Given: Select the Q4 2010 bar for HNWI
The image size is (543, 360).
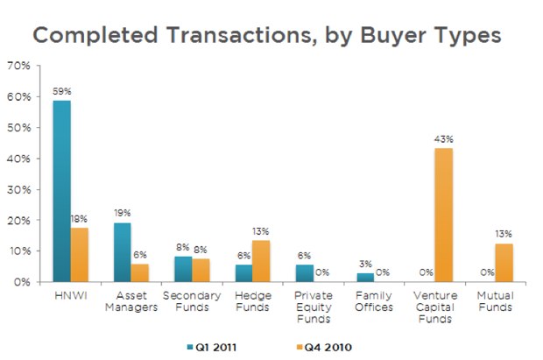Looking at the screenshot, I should click(80, 255).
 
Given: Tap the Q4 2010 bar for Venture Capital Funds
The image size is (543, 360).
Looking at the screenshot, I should click(443, 215).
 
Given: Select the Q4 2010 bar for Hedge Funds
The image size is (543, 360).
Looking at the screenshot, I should click(261, 261).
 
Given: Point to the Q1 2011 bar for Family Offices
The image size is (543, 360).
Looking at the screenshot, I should click(364, 278).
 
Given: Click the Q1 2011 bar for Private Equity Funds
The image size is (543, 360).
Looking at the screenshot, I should click(303, 273).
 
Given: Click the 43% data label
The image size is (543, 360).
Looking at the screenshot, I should click(443, 138).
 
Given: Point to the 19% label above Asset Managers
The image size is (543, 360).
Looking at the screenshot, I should click(122, 213).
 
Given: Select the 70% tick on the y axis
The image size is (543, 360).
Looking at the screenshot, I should click(18, 67).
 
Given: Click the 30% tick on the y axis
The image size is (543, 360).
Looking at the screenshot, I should click(18, 190).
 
